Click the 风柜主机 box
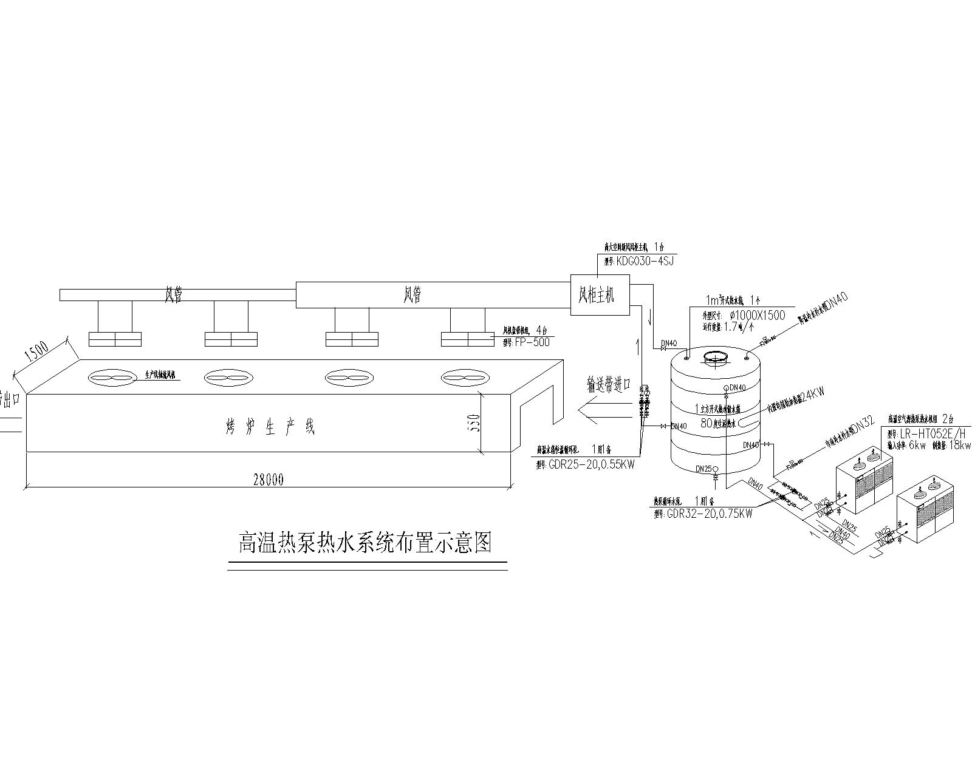[x=600, y=295]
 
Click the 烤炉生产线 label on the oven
[x=270, y=427]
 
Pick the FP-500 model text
[x=532, y=342]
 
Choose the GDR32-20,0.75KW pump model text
[x=709, y=514]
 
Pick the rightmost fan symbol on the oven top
[x=463, y=378]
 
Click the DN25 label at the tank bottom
[x=703, y=469]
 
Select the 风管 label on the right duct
[x=412, y=296]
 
